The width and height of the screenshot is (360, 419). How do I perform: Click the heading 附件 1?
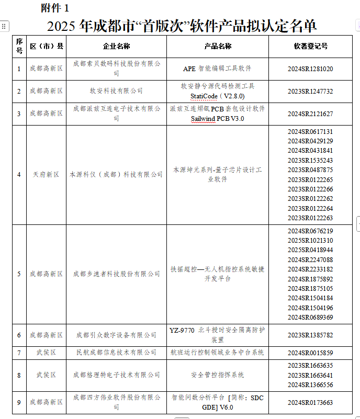click(x=54, y=8)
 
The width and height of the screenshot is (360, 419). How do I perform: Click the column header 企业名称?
click(x=116, y=46)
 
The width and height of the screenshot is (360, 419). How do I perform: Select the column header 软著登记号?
click(x=310, y=46)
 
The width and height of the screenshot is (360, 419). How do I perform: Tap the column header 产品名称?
click(x=218, y=46)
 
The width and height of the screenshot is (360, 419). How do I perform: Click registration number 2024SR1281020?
click(x=310, y=69)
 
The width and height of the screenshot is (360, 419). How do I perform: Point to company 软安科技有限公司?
click(x=116, y=91)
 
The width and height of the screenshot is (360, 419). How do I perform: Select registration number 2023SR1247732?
click(x=310, y=91)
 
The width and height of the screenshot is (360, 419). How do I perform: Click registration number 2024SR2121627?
click(x=310, y=114)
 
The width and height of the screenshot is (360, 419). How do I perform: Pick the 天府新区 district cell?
click(x=46, y=174)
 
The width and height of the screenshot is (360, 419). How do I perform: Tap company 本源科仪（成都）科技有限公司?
click(x=116, y=174)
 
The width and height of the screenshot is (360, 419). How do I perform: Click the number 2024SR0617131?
click(x=310, y=131)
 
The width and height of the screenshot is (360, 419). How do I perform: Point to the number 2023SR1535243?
click(x=310, y=160)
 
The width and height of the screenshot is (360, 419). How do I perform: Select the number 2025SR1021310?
click(x=310, y=240)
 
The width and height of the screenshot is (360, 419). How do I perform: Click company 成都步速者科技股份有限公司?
click(x=116, y=274)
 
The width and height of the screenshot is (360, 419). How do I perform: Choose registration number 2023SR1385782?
click(x=310, y=335)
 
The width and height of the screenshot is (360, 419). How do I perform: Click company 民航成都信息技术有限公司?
click(x=116, y=353)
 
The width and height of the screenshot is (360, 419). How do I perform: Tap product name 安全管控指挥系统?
click(x=218, y=375)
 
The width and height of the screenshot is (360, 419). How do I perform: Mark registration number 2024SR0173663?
click(x=310, y=402)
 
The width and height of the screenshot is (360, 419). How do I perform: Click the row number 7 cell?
click(x=19, y=353)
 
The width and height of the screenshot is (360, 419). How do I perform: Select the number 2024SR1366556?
click(x=310, y=384)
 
